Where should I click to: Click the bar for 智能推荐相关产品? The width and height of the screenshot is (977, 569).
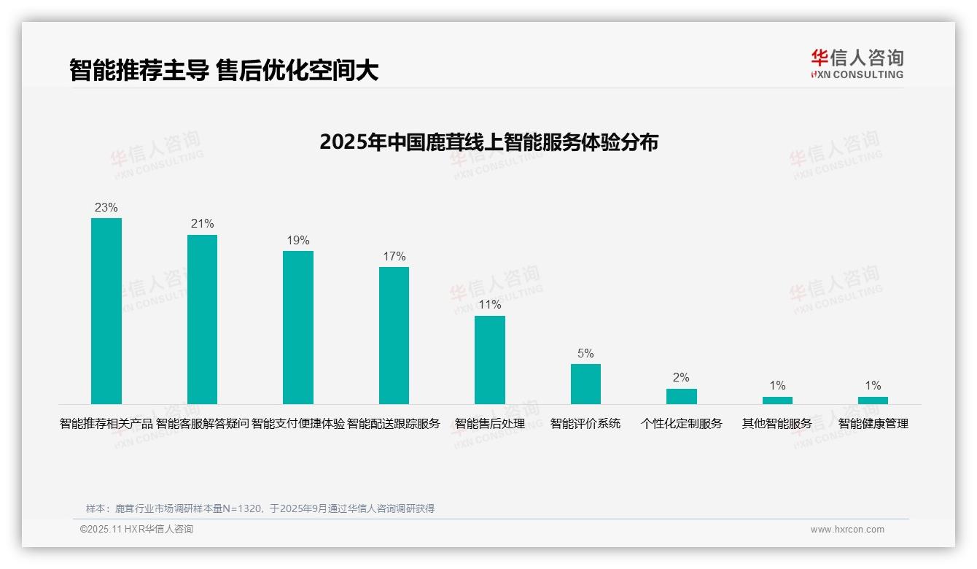106,311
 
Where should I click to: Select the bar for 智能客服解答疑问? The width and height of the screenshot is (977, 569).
202,319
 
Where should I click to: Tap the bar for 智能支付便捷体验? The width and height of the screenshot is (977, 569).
298,327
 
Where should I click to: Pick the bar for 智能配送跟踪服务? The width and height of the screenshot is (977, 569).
394,335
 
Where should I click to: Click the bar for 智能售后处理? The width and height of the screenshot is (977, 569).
490,360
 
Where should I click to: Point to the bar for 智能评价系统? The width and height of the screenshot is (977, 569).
585,384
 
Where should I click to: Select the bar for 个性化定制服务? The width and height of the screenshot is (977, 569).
682,396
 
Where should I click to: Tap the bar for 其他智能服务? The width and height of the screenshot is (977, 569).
777,400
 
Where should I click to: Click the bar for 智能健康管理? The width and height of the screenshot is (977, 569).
873,400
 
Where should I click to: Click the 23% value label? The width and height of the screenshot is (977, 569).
106,207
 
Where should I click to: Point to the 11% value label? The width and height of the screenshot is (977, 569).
490,305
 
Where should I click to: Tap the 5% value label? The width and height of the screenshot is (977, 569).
585,353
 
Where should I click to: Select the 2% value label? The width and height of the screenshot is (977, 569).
682,377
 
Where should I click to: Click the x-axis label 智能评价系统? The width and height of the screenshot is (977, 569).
585,423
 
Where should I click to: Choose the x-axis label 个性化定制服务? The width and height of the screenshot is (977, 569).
682,423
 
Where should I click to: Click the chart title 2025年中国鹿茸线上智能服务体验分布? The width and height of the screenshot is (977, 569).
488,142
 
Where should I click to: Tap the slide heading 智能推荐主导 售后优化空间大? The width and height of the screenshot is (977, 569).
224,70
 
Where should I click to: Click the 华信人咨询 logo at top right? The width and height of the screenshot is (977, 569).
857,63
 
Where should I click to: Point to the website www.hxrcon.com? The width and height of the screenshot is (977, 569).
847,530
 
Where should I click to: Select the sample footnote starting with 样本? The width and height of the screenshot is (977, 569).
260,508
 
